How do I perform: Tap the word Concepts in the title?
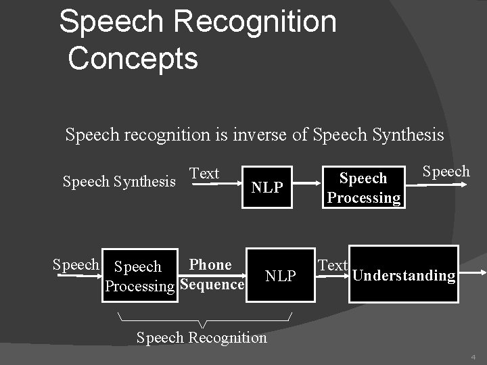133,57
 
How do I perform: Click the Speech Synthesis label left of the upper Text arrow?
119,181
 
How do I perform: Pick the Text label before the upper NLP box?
204,174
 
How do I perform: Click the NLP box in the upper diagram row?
267,187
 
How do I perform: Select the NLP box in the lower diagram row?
280,276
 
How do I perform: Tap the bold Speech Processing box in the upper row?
363,187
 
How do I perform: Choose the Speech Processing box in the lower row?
139,276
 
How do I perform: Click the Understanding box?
404,275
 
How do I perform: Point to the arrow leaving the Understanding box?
471,272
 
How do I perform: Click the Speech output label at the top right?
446,171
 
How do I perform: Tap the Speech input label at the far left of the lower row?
76,265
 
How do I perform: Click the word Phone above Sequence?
210,265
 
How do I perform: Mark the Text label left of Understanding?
333,266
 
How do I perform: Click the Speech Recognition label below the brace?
202,337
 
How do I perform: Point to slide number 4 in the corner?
473,356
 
